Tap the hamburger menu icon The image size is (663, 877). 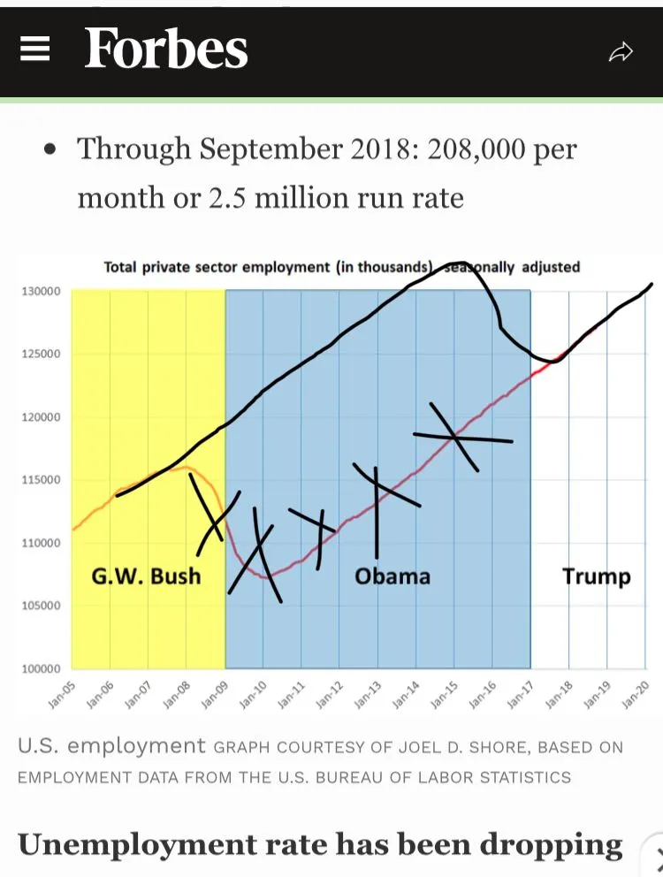coord(34,51)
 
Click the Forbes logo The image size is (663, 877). coord(166,50)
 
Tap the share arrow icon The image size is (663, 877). coord(621,52)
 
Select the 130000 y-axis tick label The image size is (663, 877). coord(41,292)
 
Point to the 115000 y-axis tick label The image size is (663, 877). coord(41,480)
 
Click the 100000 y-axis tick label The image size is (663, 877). coord(41,669)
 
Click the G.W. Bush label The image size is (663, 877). coord(147,576)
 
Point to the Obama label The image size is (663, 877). coord(392,576)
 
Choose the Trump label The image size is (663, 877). coord(597,576)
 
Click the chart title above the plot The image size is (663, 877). coord(341,266)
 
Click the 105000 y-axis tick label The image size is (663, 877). coord(41,606)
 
